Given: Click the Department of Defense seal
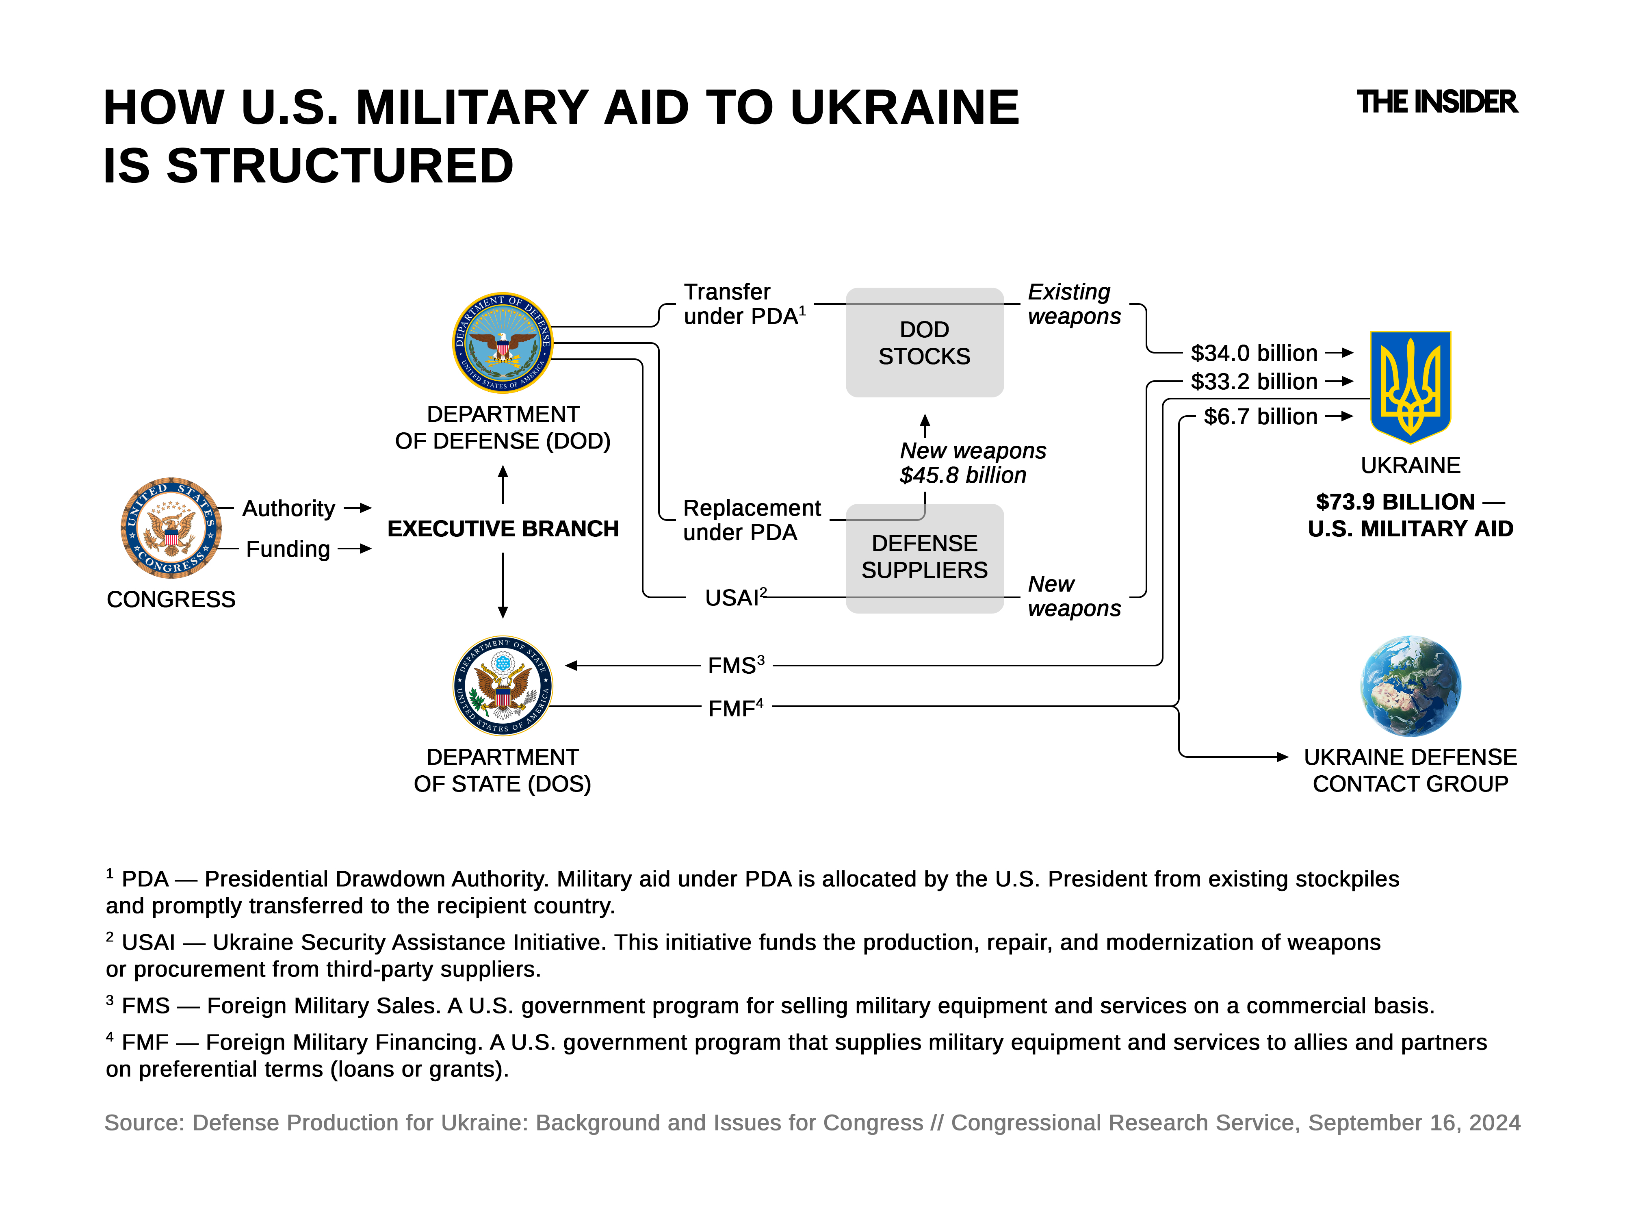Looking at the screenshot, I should [x=503, y=343].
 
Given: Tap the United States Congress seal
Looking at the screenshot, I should [x=171, y=527].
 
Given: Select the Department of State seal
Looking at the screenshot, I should [x=503, y=685].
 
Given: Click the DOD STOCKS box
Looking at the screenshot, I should [x=924, y=343].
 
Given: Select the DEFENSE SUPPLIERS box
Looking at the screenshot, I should [x=924, y=557].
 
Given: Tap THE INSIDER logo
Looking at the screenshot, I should [x=1436, y=102].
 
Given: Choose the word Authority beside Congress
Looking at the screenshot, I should [x=289, y=508].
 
